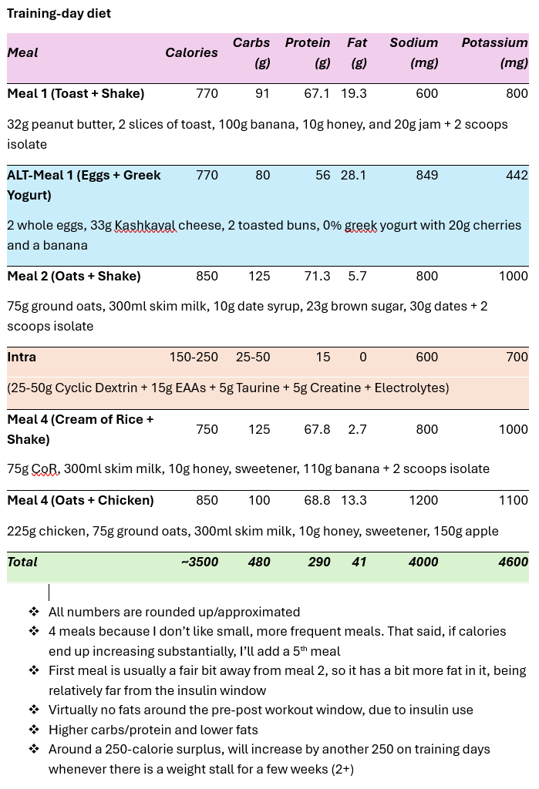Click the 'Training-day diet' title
point(59,14)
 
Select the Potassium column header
point(494,52)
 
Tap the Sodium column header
point(413,52)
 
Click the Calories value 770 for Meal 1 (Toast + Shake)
point(207,94)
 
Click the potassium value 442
point(517,176)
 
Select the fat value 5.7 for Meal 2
point(357,277)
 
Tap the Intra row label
point(22,358)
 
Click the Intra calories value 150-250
point(194,358)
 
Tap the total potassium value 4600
point(513,562)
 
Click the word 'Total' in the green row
point(22,562)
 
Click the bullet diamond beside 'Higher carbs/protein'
point(34,730)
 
